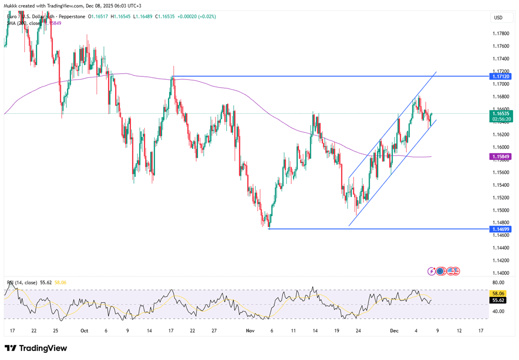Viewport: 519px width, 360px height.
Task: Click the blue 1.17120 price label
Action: click(500, 76)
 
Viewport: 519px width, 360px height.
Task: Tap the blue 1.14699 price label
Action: click(500, 229)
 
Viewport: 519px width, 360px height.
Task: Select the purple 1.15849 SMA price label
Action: click(500, 156)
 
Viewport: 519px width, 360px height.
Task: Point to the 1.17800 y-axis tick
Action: click(500, 33)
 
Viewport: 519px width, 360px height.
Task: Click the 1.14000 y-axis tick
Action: click(500, 273)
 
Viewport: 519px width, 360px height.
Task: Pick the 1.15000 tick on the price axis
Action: click(500, 210)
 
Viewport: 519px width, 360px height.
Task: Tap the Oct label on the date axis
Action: click(84, 331)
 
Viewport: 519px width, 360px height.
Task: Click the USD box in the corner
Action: click(498, 17)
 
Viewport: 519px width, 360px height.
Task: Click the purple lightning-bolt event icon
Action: click(432, 271)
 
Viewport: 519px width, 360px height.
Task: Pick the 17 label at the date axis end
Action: click(480, 331)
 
